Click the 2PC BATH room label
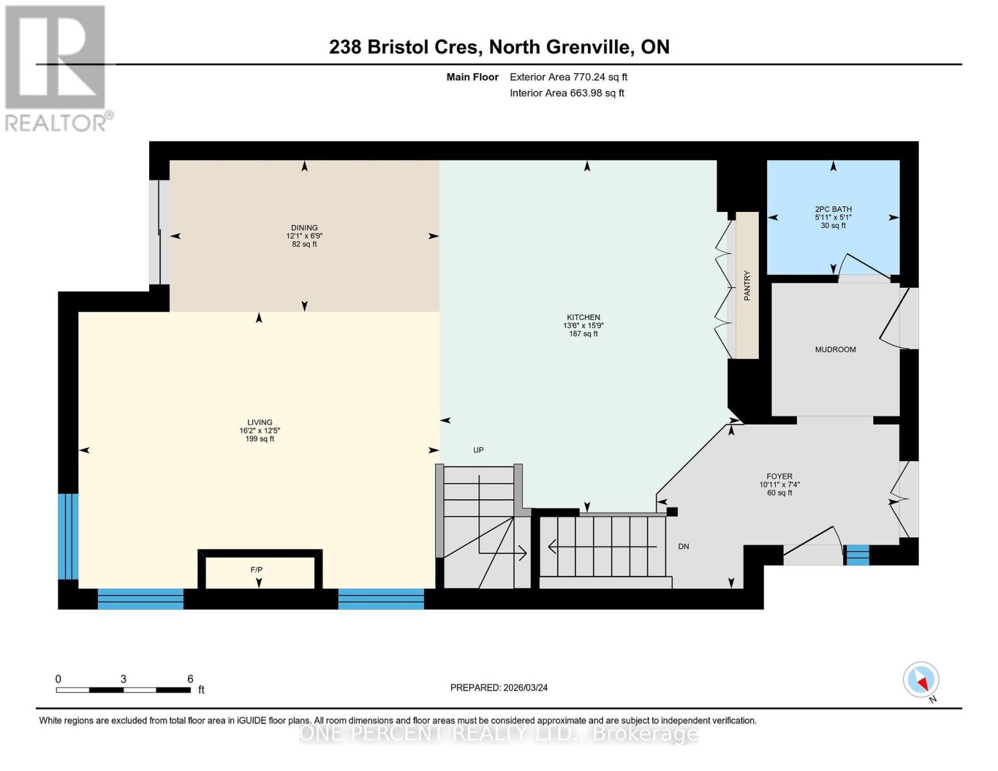pyautogui.click(x=833, y=209)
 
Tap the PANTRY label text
pyautogui.click(x=747, y=285)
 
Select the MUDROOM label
pyautogui.click(x=835, y=350)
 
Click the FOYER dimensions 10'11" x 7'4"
pyautogui.click(x=779, y=485)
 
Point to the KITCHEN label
pyautogui.click(x=583, y=317)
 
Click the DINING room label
pyautogui.click(x=304, y=227)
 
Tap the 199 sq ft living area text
pyautogui.click(x=260, y=439)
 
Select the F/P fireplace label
pyautogui.click(x=256, y=570)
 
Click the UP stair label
pyautogui.click(x=478, y=450)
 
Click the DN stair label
pyautogui.click(x=683, y=546)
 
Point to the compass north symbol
pyautogui.click(x=922, y=680)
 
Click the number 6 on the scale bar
pyautogui.click(x=190, y=678)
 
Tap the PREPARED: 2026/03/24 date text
pyautogui.click(x=499, y=687)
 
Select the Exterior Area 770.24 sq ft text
pyautogui.click(x=568, y=77)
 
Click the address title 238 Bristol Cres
pyautogui.click(x=404, y=47)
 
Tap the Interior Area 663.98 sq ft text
pyautogui.click(x=567, y=93)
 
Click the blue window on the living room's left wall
pyautogui.click(x=68, y=536)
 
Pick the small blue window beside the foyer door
pyautogui.click(x=857, y=554)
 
